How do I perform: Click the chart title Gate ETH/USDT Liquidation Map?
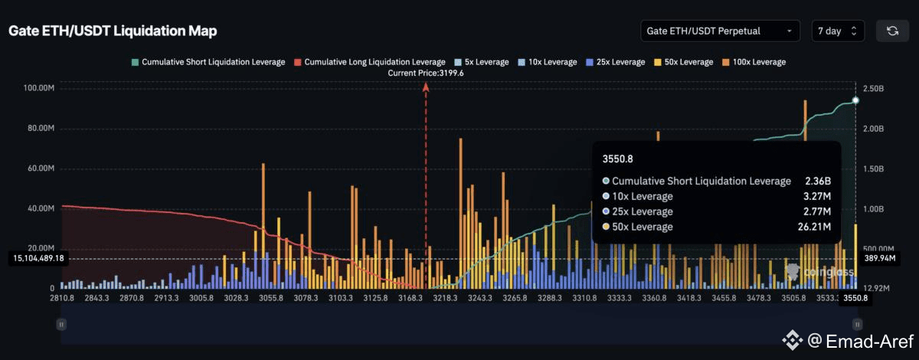[113, 31]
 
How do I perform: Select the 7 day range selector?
[838, 31]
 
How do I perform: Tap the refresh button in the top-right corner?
[892, 31]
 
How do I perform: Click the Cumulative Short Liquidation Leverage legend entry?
[208, 61]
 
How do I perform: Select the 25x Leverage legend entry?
[616, 61]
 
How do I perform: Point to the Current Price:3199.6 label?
[426, 73]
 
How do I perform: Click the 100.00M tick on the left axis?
[38, 88]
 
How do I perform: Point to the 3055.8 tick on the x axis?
[272, 298]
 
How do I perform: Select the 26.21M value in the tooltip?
[809, 227]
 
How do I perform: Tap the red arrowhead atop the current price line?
[426, 87]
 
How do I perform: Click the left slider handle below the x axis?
[60, 325]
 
